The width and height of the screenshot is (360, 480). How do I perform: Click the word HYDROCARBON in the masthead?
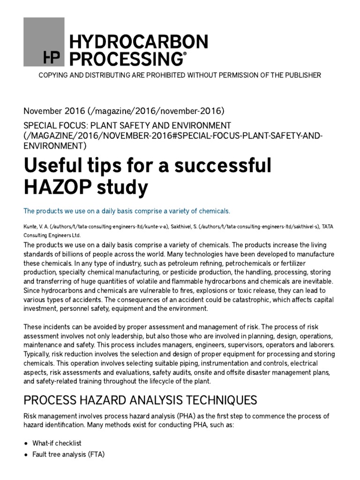click(138, 43)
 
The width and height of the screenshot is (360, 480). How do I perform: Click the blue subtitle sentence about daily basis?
click(127, 210)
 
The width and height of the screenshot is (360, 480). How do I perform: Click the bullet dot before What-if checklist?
click(25, 443)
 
